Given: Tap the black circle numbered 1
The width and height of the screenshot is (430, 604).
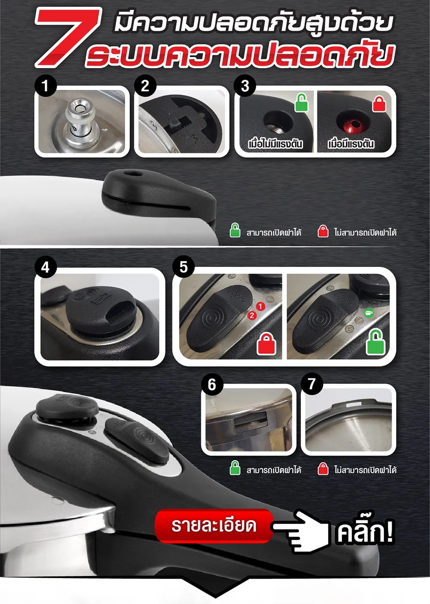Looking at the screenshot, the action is [46, 86].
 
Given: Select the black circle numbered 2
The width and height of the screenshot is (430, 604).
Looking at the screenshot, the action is [145, 86].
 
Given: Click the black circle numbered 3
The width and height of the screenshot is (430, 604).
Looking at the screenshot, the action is [245, 86].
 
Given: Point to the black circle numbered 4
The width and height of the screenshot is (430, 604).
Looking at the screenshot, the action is [46, 267].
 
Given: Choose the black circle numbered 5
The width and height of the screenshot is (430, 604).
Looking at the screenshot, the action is [183, 267].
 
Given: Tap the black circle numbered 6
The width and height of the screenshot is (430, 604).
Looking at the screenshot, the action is [212, 384].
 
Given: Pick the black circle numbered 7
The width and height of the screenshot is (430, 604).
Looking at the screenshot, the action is [311, 384].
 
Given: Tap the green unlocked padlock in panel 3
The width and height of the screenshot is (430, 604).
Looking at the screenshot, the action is [301, 103].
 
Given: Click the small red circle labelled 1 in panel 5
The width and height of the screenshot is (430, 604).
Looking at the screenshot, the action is [260, 307].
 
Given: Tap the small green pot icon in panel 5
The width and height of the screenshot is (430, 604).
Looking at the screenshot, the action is [369, 313].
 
